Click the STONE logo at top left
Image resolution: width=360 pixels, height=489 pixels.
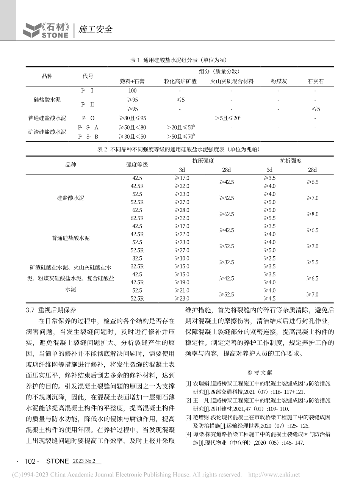(x=46, y=30)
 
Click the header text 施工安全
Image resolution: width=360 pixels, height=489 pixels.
(x=95, y=29)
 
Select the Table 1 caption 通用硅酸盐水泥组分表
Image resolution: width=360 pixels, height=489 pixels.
(x=178, y=60)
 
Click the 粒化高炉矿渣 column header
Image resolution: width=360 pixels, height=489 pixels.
(x=180, y=81)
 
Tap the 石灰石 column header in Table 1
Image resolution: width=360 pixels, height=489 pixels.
(x=316, y=81)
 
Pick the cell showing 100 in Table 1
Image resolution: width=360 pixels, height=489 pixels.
(x=132, y=91)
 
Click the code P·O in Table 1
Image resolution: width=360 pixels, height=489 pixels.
(x=88, y=118)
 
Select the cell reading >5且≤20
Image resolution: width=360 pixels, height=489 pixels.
(x=227, y=118)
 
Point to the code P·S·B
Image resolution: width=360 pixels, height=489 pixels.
(x=88, y=136)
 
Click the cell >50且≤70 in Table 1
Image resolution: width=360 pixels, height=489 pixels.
(x=180, y=136)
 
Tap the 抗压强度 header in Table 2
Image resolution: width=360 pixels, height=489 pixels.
(x=203, y=161)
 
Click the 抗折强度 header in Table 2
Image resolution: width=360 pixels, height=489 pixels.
(x=291, y=161)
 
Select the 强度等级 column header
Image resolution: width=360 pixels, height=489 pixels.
(x=137, y=165)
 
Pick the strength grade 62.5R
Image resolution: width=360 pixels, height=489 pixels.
(x=137, y=218)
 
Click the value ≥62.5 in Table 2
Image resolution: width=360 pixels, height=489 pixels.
(x=227, y=214)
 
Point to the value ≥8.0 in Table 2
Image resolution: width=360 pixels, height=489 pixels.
(x=312, y=214)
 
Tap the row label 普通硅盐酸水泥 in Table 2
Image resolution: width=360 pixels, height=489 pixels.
(x=71, y=238)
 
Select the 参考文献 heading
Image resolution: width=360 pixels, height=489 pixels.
(x=260, y=373)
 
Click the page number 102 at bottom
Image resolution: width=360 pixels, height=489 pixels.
(x=30, y=461)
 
